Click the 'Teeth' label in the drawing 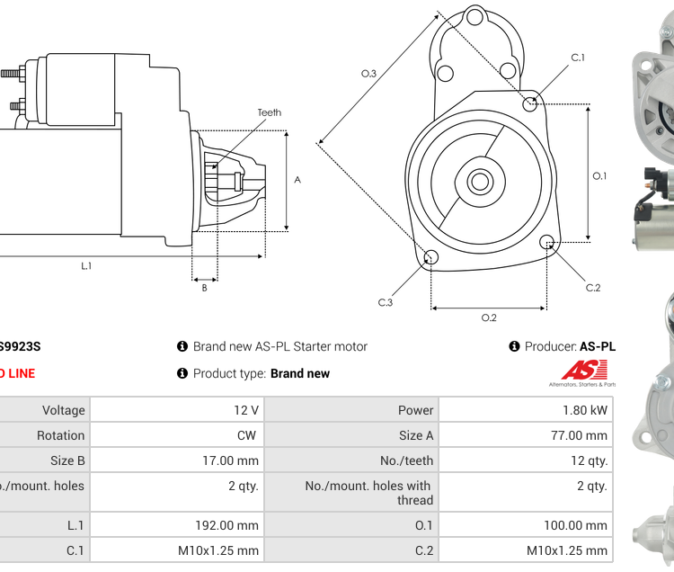pyautogui.click(x=269, y=112)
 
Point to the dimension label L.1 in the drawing pyautogui.click(x=86, y=265)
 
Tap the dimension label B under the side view pyautogui.click(x=204, y=288)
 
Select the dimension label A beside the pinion pyautogui.click(x=297, y=179)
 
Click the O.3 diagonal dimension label pyautogui.click(x=368, y=73)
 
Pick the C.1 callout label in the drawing pyautogui.click(x=578, y=58)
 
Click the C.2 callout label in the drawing pyautogui.click(x=593, y=288)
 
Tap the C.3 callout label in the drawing pyautogui.click(x=385, y=302)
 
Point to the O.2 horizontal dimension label pyautogui.click(x=489, y=317)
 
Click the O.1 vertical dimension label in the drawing pyautogui.click(x=599, y=175)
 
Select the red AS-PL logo pyautogui.click(x=584, y=370)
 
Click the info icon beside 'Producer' pyautogui.click(x=515, y=346)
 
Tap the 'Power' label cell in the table pyautogui.click(x=351, y=410)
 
